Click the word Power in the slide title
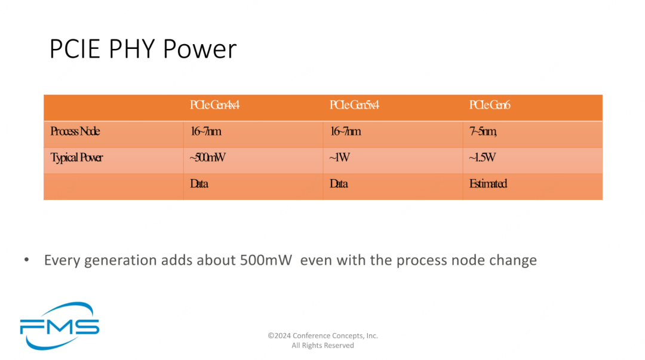[200, 48]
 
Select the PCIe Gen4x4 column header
[214, 105]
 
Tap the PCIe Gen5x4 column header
[354, 105]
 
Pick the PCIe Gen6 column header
[490, 105]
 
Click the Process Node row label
[75, 132]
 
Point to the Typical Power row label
[76, 158]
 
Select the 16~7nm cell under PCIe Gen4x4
[205, 132]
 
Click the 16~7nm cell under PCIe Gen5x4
[346, 132]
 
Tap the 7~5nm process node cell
[483, 132]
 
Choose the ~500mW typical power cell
[207, 158]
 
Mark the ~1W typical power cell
[339, 158]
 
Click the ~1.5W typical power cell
[482, 158]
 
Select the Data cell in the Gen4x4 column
[199, 184]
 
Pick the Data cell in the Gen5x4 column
[339, 184]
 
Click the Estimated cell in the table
[488, 184]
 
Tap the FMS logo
[59, 326]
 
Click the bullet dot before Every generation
[27, 260]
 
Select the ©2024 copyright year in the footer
[279, 336]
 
